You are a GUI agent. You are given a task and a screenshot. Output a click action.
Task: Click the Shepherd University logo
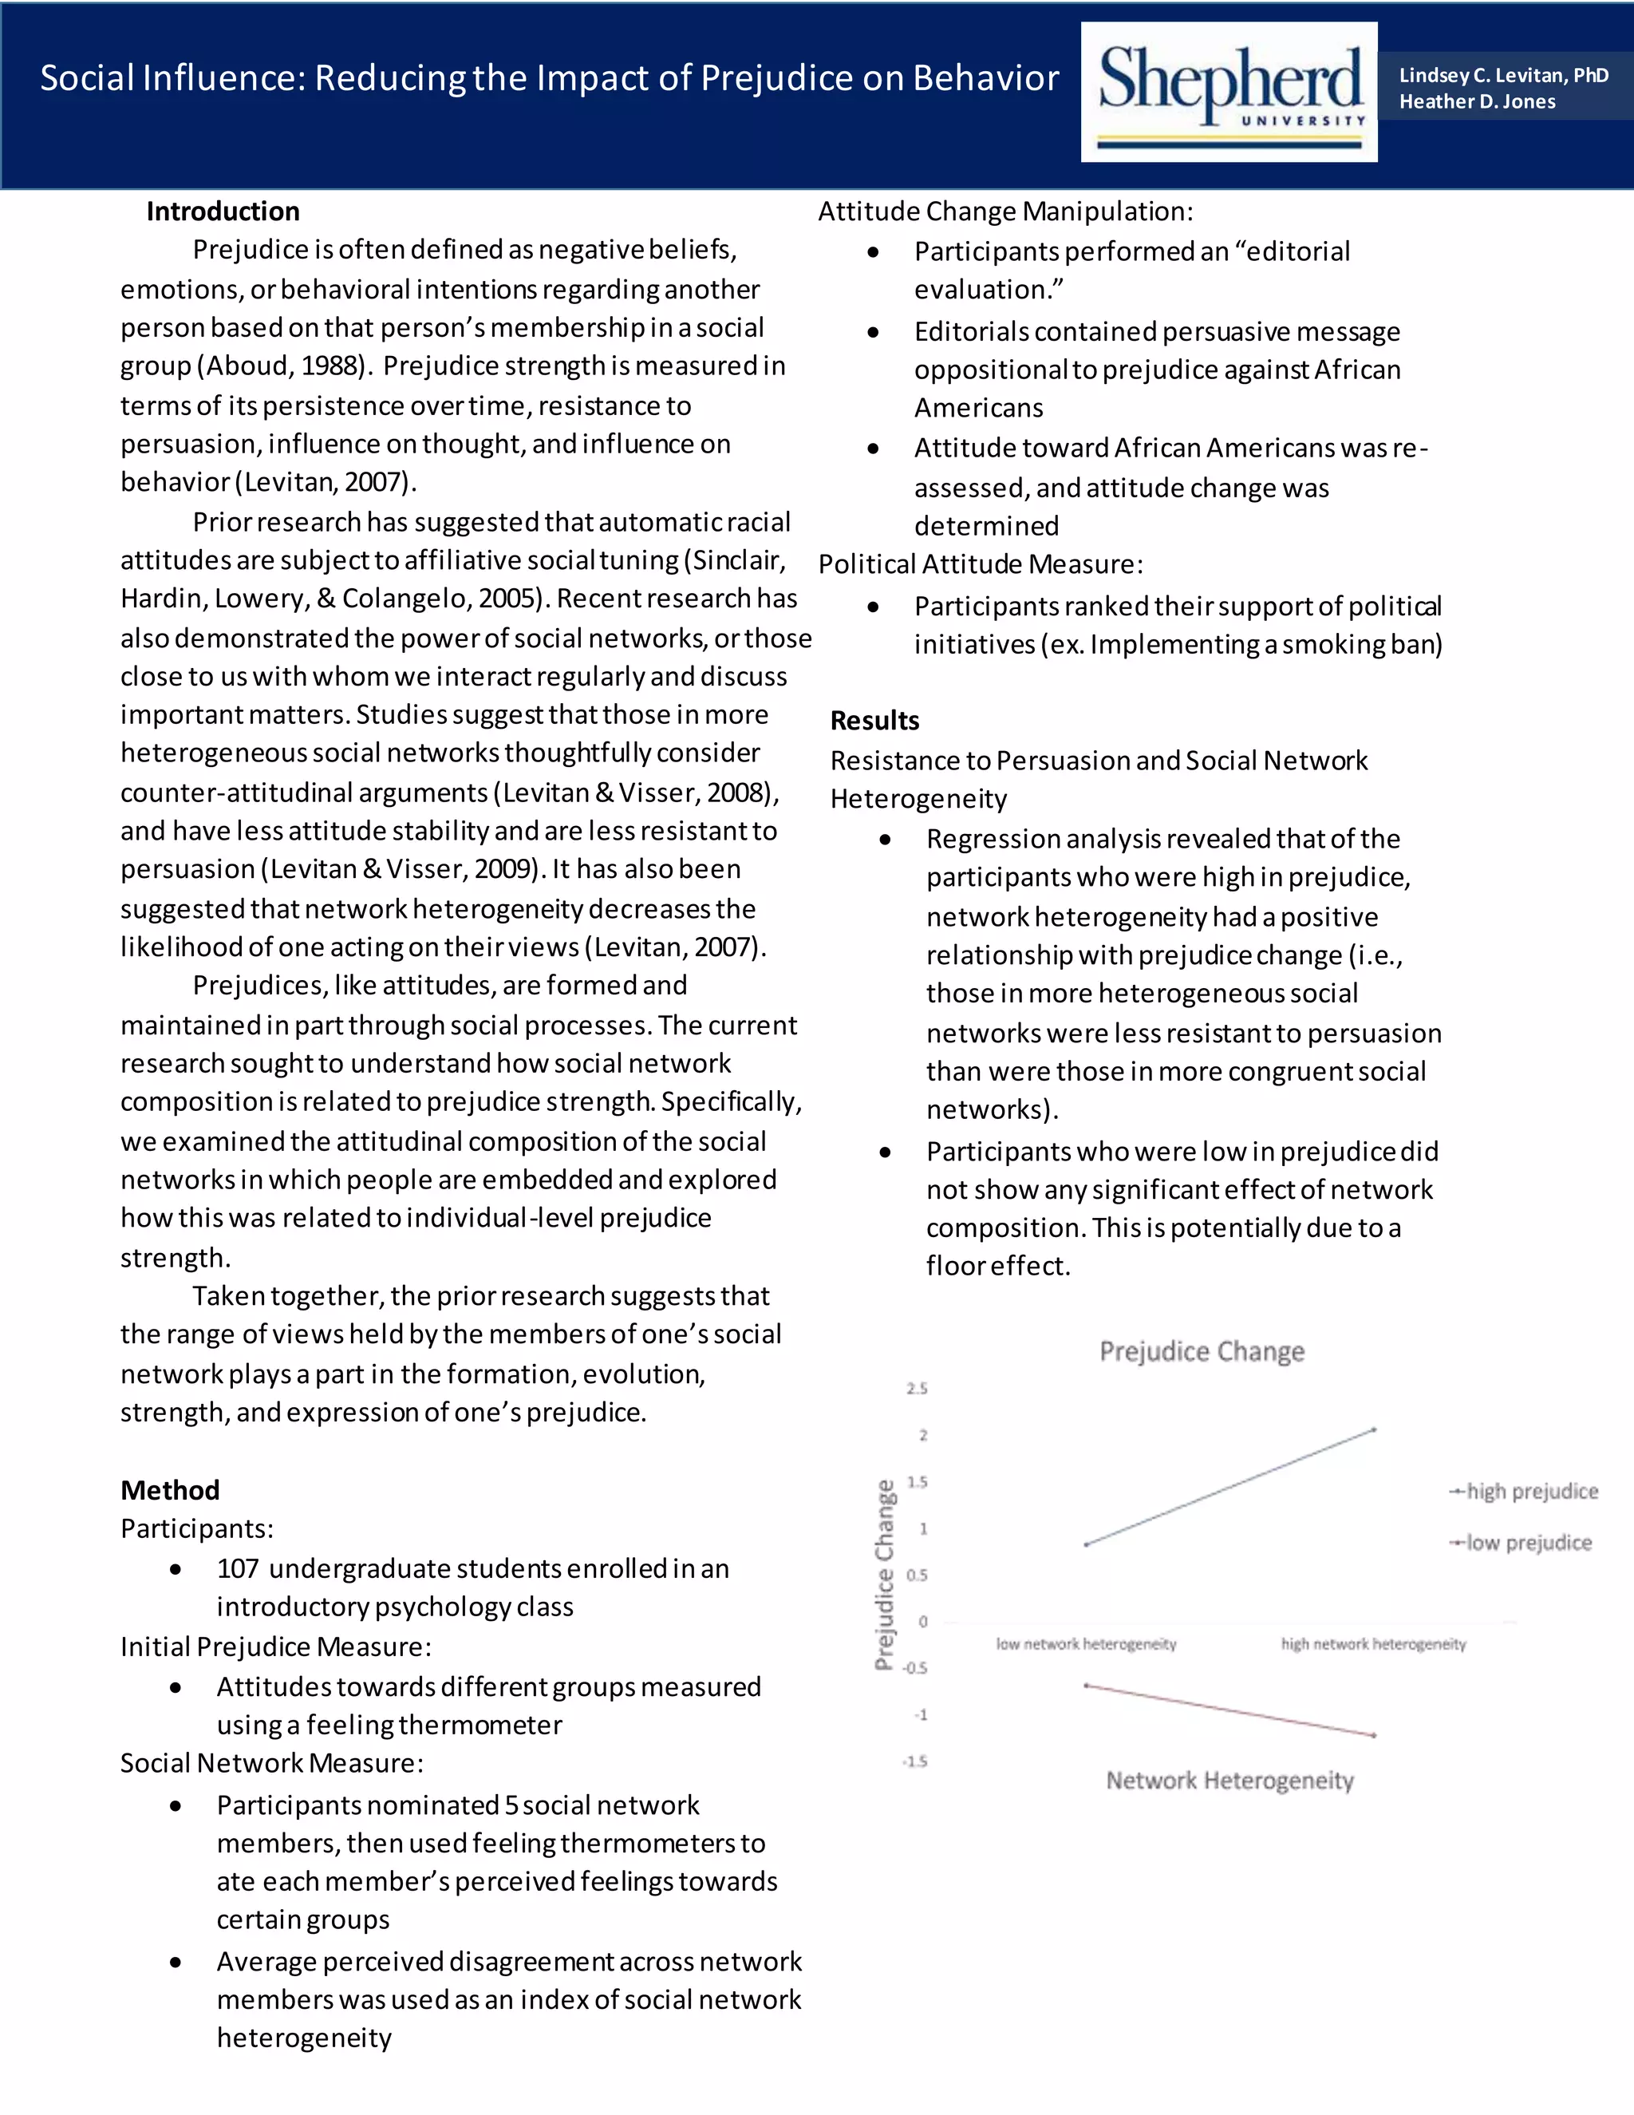point(1229,92)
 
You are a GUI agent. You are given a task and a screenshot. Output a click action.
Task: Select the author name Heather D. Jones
point(1476,101)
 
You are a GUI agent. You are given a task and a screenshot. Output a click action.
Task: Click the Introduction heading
point(223,211)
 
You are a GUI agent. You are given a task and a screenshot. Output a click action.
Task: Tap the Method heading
point(169,1489)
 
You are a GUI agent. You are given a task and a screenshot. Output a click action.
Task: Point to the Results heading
point(874,721)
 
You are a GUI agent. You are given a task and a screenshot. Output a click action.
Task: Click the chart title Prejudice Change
point(1202,1351)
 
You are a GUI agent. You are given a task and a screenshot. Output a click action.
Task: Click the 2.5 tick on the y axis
point(917,1389)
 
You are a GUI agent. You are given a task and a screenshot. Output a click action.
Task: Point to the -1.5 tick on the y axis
point(915,1761)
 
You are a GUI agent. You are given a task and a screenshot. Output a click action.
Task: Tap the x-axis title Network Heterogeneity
point(1229,1781)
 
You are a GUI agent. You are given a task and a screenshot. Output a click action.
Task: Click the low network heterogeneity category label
point(1086,1644)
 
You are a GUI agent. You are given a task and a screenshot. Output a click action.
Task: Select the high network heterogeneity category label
point(1372,1644)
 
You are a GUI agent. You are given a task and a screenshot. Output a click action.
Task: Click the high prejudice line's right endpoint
point(1374,1429)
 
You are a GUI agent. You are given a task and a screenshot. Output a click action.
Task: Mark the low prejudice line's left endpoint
point(1086,1686)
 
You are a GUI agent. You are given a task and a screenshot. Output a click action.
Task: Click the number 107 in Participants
point(237,1569)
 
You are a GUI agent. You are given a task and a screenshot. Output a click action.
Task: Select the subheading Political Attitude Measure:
point(980,564)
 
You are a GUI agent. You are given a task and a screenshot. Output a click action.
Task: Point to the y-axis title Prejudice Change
point(884,1575)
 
